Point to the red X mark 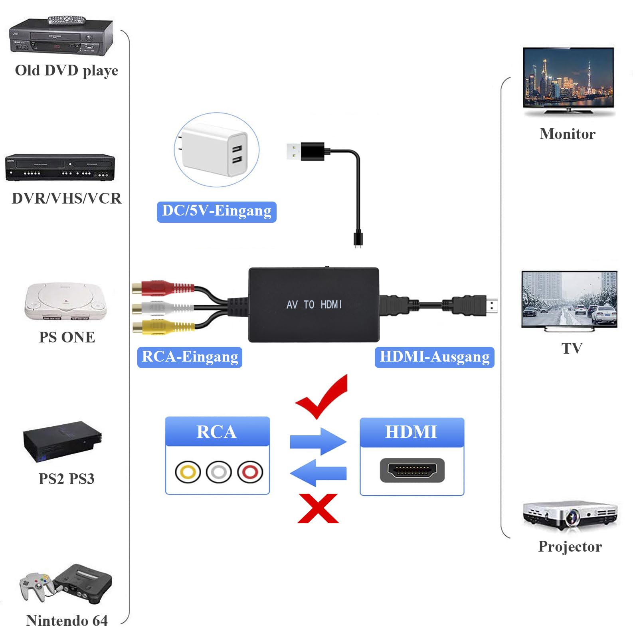[318, 508]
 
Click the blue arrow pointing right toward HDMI [318, 441]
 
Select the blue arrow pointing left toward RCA [318, 473]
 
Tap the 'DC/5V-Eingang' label [217, 212]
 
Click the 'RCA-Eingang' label [190, 357]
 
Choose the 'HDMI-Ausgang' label [435, 357]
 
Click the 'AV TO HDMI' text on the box [314, 305]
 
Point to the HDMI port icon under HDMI [412, 470]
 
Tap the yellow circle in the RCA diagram [188, 472]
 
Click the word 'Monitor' [568, 134]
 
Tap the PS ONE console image [66, 302]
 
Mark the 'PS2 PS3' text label [66, 479]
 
